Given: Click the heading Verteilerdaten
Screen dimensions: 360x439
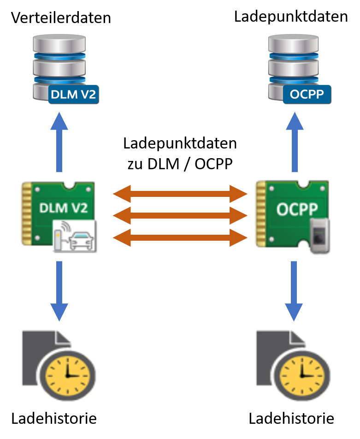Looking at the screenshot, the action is (x=61, y=18).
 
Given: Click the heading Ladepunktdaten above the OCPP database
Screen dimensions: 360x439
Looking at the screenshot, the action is (x=291, y=17).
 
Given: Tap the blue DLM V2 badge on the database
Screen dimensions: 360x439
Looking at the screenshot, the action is (x=74, y=95).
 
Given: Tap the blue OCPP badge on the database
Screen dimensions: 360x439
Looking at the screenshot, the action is (x=307, y=95).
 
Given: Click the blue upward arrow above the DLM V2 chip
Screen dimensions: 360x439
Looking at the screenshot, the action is (x=59, y=142).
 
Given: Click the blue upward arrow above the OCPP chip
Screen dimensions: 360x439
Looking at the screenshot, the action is (x=295, y=142).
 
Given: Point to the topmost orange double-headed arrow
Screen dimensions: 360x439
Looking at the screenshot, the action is (x=180, y=194).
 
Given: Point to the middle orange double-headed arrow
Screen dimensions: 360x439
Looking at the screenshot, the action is (x=180, y=216).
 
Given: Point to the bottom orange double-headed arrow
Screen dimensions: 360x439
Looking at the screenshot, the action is (x=180, y=237).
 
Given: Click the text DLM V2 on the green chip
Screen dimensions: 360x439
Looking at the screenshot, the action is (x=64, y=208).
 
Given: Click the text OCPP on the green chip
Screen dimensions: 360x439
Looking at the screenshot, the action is (x=297, y=209).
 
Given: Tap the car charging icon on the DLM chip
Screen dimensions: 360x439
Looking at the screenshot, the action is (x=75, y=236).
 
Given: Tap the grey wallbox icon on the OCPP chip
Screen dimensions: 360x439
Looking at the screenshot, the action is (x=319, y=236).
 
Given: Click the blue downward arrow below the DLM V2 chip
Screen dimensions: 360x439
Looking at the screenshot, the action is (x=59, y=291).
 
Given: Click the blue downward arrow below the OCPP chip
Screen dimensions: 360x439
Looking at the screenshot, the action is (x=294, y=291).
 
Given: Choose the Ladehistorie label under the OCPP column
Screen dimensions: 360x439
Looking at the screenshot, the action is (x=291, y=419).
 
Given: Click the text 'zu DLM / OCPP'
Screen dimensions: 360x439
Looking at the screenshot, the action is (x=180, y=164).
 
